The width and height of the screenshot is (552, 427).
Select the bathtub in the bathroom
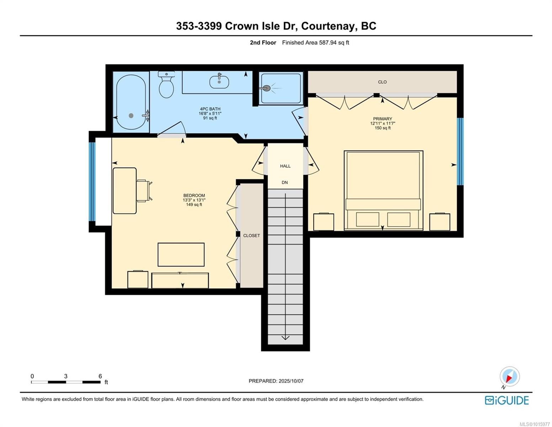(x=131, y=102)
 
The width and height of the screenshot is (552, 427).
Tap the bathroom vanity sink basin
(x=219, y=82)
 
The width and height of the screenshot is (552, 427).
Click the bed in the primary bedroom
(x=383, y=190)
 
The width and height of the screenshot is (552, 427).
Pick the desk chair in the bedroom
(x=144, y=191)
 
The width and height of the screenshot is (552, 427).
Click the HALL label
(x=285, y=166)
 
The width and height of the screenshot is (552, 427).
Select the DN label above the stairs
(x=285, y=183)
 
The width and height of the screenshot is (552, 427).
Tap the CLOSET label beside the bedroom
(x=251, y=236)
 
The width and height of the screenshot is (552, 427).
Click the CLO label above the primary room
(x=382, y=82)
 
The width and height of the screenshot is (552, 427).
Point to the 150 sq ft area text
(x=382, y=128)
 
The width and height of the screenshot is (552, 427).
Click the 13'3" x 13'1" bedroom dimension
(x=194, y=200)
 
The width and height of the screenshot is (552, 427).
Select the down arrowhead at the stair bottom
(x=285, y=338)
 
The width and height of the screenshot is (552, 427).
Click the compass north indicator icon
(x=510, y=377)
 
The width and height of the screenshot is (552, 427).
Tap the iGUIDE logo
(x=507, y=400)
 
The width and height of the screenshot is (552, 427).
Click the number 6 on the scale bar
(x=100, y=376)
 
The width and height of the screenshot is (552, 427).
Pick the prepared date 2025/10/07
(x=291, y=381)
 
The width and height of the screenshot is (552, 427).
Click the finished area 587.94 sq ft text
(x=315, y=43)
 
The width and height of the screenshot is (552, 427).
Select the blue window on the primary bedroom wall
(x=460, y=152)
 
